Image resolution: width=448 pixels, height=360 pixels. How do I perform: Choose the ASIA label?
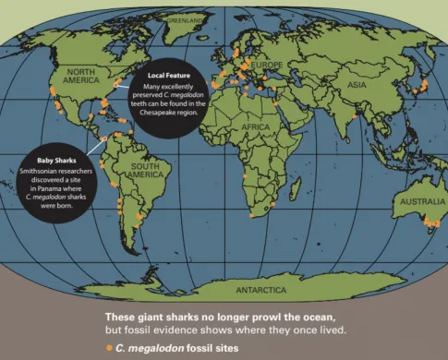click(356, 84)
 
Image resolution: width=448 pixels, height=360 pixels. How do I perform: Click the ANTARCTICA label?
click(228, 289)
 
